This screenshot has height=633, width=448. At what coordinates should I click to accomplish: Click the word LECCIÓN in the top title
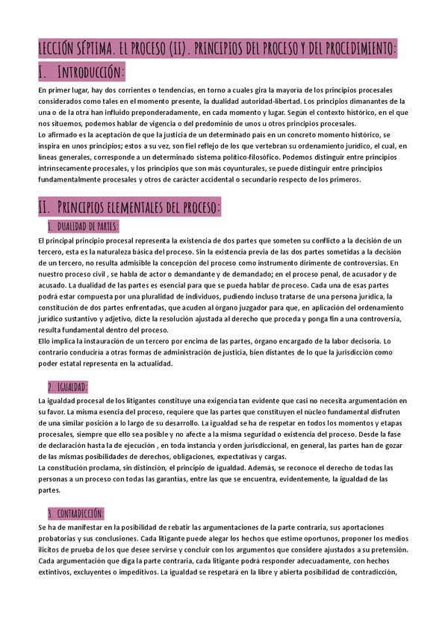[x=60, y=49]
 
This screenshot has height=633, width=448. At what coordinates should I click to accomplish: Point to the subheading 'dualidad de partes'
[x=82, y=226]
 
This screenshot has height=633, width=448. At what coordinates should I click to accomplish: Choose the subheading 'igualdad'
[x=67, y=387]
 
